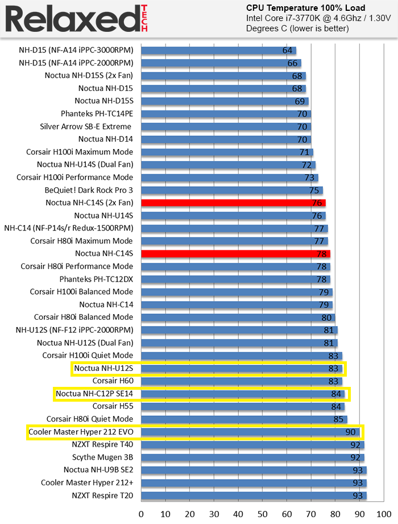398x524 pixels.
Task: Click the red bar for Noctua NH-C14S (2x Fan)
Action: [x=233, y=203]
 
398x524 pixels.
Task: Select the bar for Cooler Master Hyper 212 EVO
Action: [x=250, y=432]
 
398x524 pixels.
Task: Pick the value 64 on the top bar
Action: [x=287, y=50]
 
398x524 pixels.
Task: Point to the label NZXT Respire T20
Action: [x=102, y=496]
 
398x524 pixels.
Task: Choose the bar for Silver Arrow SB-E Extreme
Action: [x=226, y=126]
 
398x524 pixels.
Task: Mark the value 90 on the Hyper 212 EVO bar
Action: [x=351, y=432]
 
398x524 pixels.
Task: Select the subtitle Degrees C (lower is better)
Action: [x=297, y=28]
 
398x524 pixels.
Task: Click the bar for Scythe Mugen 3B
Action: [x=252, y=457]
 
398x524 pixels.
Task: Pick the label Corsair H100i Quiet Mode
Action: [x=88, y=356]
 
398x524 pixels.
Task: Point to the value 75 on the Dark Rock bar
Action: [x=314, y=190]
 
